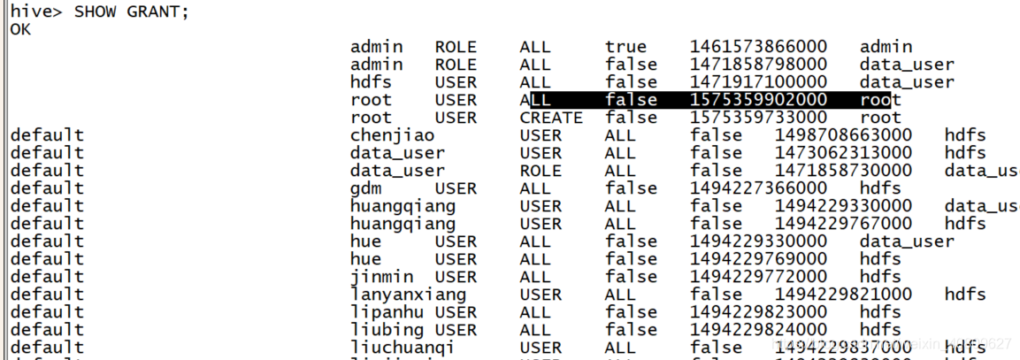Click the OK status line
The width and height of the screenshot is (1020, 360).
coord(19,29)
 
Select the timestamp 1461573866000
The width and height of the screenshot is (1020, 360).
coord(758,47)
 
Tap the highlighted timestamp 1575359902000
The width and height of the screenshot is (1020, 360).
coord(758,100)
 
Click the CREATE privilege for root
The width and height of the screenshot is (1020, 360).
coord(550,118)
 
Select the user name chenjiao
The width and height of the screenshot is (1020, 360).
coord(392,135)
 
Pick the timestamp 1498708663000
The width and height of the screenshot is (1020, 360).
coord(843,135)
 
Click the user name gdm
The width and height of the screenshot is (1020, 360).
coord(365,188)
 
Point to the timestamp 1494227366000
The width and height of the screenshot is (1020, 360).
coord(758,188)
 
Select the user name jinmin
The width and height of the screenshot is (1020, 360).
coord(376,277)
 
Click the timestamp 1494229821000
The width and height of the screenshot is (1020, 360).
coord(843,295)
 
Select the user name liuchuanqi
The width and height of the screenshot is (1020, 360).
coord(403,348)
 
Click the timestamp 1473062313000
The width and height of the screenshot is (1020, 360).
coord(843,153)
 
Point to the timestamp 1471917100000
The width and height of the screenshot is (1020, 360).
coord(758,82)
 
